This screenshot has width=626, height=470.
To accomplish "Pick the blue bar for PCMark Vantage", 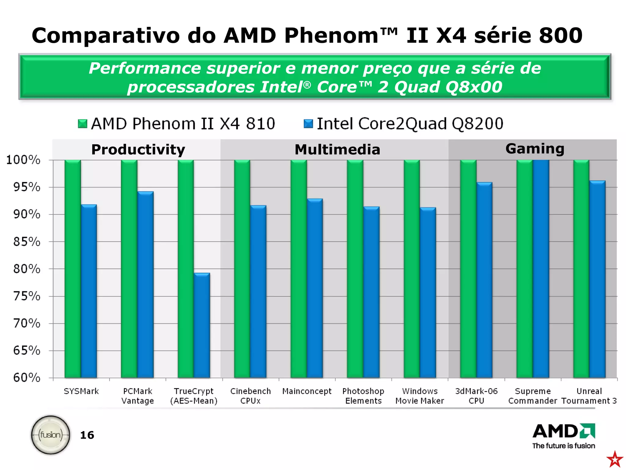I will (145, 285).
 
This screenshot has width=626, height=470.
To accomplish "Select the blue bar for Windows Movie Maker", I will (428, 293).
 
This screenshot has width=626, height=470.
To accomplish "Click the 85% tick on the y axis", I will (27, 242).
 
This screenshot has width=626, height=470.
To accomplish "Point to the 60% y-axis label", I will (27, 378).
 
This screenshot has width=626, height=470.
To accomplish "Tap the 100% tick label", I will (23, 160).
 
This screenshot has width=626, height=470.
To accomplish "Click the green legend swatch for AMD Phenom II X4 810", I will (83, 124).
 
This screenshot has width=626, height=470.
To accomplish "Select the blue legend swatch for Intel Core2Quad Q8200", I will (308, 124).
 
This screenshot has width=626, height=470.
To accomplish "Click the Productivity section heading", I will (138, 150).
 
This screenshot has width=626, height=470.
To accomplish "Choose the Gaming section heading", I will (535, 149).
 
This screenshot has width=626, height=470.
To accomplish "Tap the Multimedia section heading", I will (337, 150).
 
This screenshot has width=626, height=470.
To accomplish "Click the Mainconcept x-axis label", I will (307, 391).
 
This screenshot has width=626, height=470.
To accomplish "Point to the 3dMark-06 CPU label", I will (476, 396).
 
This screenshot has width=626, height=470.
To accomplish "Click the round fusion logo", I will (51, 435).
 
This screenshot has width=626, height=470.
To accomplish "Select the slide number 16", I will (87, 435).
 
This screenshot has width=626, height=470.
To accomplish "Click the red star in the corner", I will (615, 459).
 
